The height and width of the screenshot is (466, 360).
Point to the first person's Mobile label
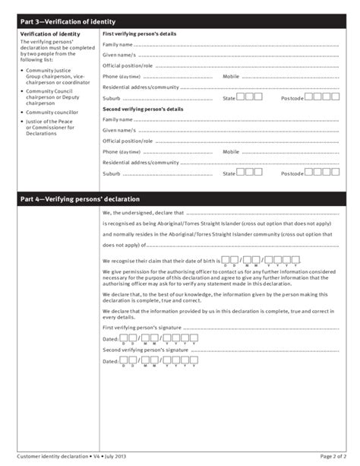(231, 77)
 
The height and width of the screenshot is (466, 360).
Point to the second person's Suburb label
(112, 173)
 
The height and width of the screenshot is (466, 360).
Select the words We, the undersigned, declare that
(143, 214)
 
